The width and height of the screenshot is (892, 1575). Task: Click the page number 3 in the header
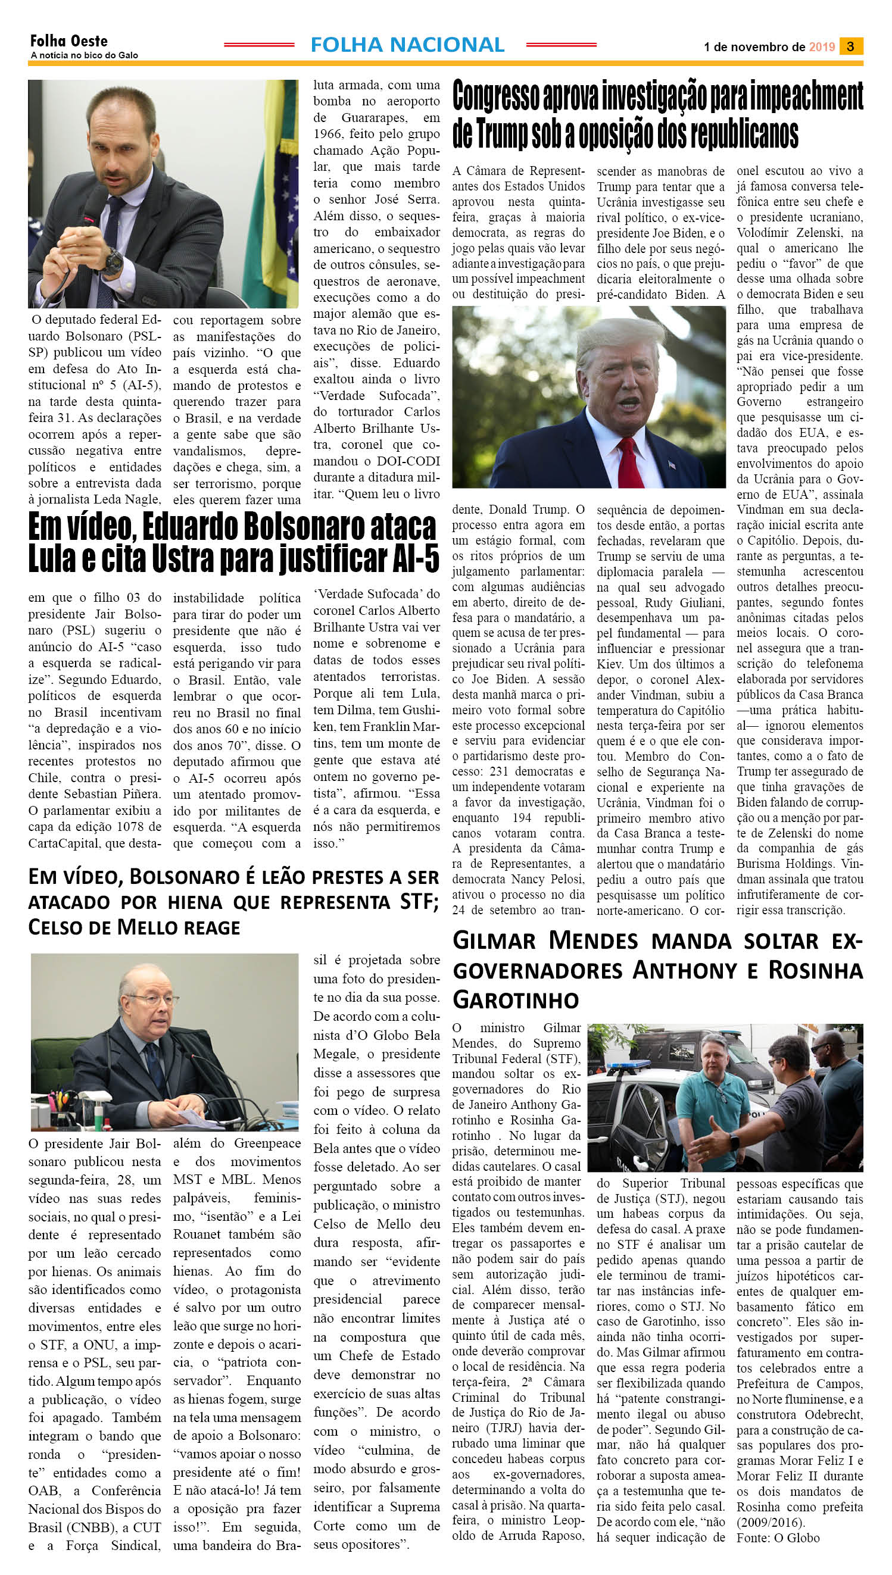851,46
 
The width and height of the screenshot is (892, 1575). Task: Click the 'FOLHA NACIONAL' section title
407,45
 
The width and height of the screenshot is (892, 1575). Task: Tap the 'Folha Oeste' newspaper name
68,41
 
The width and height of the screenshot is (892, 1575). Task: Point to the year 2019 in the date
822,47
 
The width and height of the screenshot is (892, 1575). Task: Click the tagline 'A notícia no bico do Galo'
84,55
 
